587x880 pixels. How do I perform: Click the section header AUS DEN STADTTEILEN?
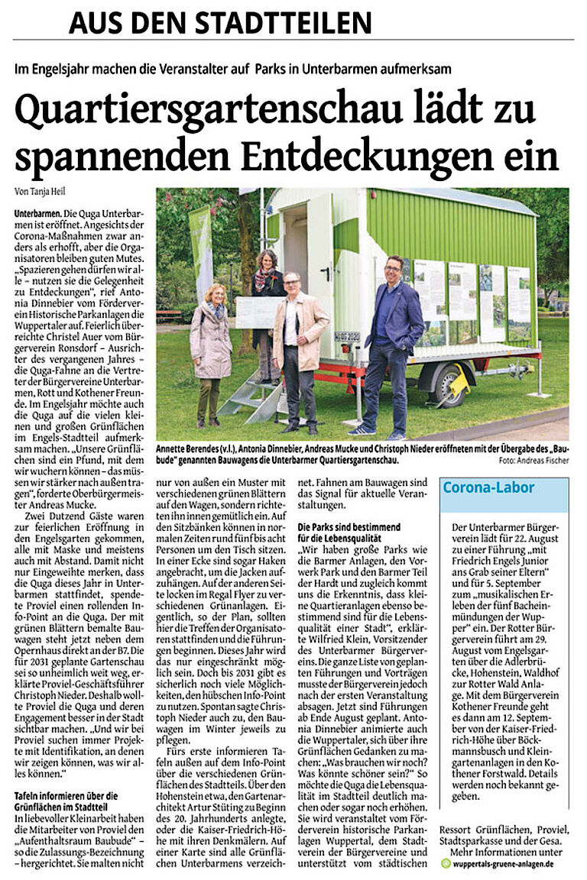220,22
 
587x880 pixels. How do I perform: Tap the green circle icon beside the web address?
446,863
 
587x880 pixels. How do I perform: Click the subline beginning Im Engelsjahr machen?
232,69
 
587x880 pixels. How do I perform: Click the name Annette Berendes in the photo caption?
186,448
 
